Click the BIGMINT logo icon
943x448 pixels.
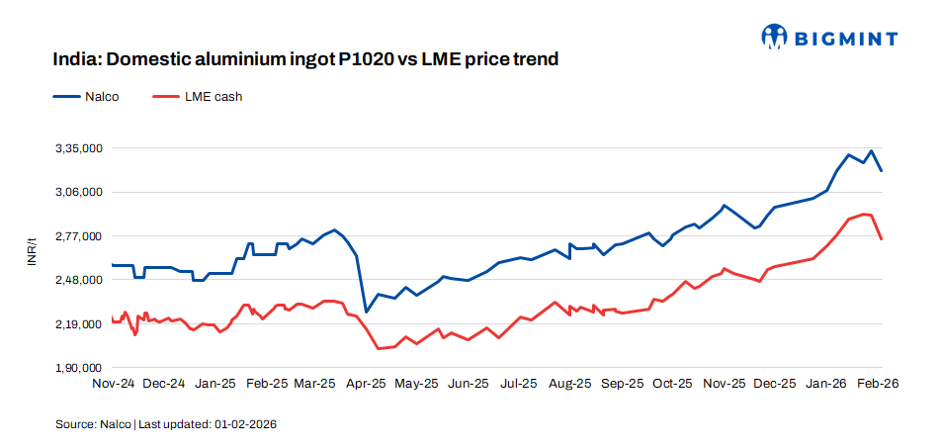[773, 38]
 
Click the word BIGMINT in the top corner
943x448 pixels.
[843, 39]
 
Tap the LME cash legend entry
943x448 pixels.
[197, 97]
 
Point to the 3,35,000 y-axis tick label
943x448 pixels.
[79, 148]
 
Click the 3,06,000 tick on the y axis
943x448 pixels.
[79, 192]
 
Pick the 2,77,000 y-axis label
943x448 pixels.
[79, 236]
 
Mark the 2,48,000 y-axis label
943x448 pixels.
[79, 280]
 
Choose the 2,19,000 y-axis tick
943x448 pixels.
[79, 324]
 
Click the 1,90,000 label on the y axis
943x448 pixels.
[79, 368]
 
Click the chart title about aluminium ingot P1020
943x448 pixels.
[306, 59]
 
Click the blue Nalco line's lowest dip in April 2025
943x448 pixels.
[366, 313]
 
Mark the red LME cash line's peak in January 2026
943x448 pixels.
[864, 214]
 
